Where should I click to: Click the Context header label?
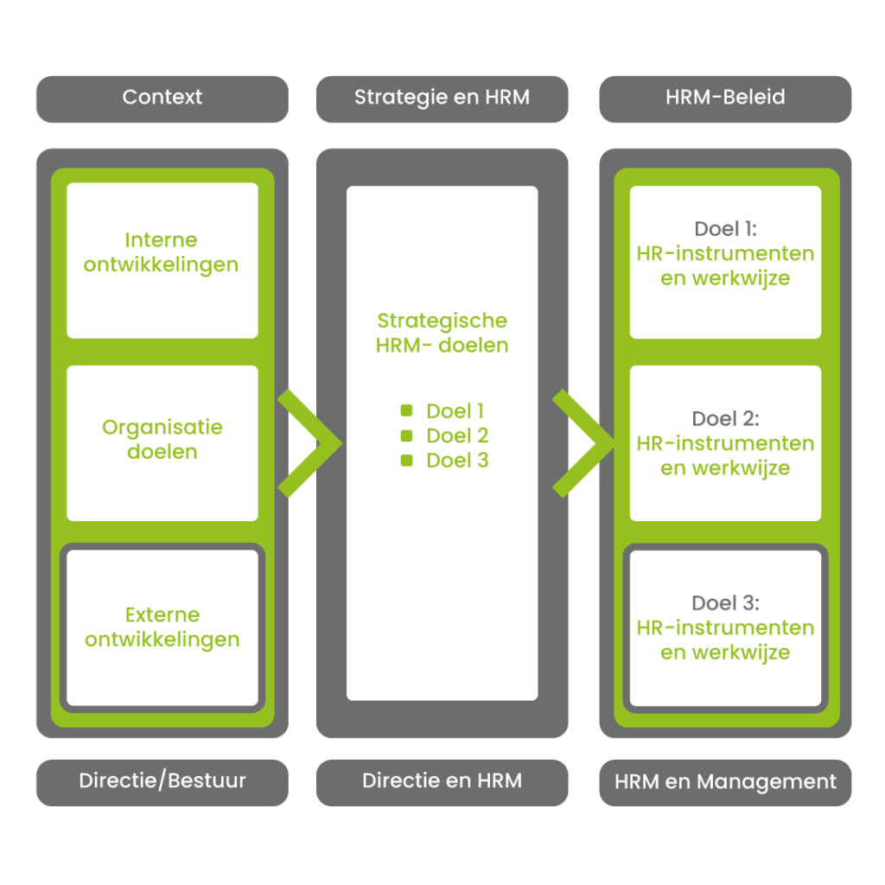click(162, 98)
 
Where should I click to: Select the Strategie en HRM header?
click(442, 98)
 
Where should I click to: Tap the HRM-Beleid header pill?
click(725, 98)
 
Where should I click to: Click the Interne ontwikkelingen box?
click(162, 259)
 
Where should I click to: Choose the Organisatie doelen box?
click(162, 442)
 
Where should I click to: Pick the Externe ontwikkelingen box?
click(162, 627)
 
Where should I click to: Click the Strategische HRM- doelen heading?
click(442, 333)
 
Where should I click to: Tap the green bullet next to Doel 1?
click(406, 411)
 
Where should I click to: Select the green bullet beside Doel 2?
click(406, 436)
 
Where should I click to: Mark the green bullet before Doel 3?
click(406, 461)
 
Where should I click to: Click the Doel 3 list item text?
click(457, 461)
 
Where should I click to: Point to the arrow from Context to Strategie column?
click(309, 443)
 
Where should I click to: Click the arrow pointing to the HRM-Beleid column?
click(584, 443)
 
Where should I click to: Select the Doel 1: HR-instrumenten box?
click(725, 262)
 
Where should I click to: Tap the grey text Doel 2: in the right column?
click(725, 419)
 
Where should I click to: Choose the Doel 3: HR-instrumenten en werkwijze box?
click(725, 627)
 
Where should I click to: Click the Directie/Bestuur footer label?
click(162, 781)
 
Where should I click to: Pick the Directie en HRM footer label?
click(442, 781)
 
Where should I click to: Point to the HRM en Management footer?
click(725, 782)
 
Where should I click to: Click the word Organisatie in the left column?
click(162, 427)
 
